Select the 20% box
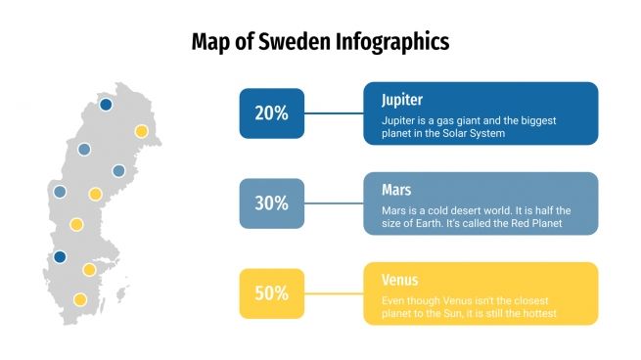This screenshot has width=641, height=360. [271, 112]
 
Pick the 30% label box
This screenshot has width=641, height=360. [271, 203]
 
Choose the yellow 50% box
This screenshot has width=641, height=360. [271, 293]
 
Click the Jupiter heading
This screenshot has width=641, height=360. [402, 100]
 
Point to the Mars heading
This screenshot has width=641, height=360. [396, 190]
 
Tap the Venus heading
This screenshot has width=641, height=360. [400, 281]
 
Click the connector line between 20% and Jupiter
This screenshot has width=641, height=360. [334, 112]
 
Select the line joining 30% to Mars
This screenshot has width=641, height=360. [334, 203]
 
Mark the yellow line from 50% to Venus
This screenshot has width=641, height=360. [334, 293]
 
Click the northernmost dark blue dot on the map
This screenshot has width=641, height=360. [106, 104]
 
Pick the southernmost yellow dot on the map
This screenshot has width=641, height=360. [80, 299]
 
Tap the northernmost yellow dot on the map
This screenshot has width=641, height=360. [141, 130]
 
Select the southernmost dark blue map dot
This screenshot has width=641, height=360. [60, 257]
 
